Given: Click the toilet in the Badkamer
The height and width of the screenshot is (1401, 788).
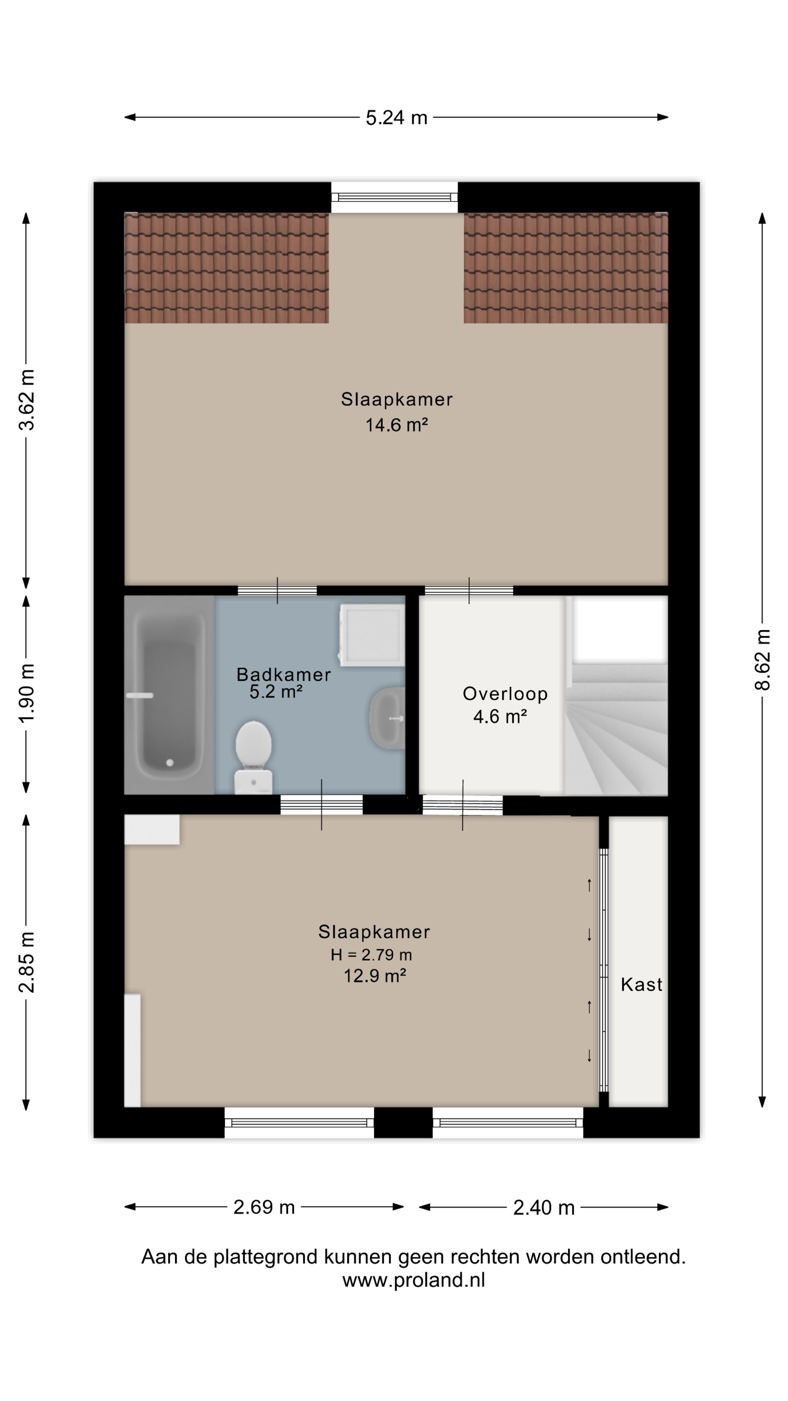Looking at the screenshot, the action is pos(254,757).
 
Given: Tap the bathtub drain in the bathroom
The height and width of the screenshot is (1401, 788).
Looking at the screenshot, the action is pos(170,763).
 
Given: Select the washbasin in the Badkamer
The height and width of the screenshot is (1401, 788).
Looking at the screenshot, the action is pos(387,717).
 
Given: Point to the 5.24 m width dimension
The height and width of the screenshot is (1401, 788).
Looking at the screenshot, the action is pos(397,117).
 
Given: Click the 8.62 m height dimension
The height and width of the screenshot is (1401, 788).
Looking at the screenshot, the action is pos(762,660).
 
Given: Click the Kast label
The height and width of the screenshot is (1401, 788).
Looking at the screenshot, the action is pos(642,984).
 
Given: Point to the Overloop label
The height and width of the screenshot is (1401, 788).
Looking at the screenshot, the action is pos(505,694).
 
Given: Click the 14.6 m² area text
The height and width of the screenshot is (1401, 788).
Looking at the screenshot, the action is pos(397,425).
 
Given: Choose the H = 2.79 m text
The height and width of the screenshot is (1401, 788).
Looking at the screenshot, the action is pos(371,954).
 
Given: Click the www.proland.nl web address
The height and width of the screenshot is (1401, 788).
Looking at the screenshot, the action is pos(413,1280).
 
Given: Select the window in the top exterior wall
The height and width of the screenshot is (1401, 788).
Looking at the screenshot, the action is pos(395,197).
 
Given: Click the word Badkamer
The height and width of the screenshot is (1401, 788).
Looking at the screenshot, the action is pos(284,675).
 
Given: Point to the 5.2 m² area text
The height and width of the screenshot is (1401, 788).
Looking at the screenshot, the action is pos(276,692).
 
